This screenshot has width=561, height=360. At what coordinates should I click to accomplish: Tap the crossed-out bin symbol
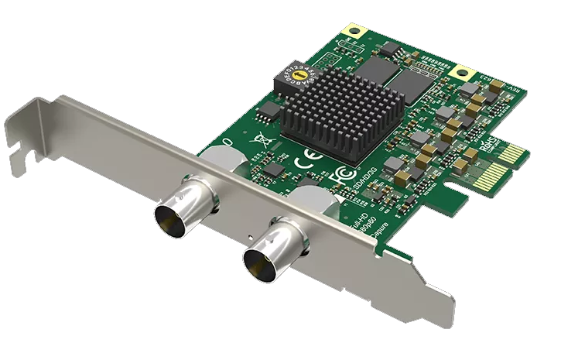point(260,140)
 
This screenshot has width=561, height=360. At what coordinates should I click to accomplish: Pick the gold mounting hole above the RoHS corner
point(464,74)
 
